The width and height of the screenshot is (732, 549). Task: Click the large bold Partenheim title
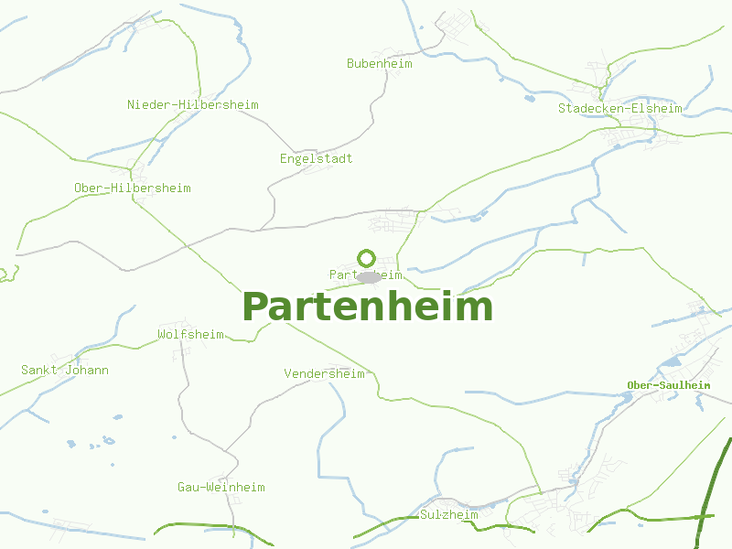[367, 307]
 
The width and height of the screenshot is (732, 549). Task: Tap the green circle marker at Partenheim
[367, 258]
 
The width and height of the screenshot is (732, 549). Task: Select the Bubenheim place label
[380, 64]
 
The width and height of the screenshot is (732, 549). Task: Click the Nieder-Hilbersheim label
[193, 105]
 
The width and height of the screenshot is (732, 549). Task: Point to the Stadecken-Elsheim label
[620, 109]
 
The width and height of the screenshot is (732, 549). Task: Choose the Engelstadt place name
[317, 159]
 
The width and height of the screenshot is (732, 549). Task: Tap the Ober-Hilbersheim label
[133, 188]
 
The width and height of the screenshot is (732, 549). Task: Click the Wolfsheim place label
[190, 335]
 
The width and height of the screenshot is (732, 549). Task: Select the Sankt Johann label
[65, 371]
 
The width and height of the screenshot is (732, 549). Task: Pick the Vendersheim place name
[324, 374]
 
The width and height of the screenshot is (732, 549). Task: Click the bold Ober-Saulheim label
[669, 385]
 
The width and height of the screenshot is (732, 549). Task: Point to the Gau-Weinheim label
[221, 488]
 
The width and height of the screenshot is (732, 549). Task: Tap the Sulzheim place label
[449, 515]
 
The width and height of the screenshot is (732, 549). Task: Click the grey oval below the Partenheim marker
[368, 276]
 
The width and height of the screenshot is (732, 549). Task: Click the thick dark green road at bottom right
[708, 503]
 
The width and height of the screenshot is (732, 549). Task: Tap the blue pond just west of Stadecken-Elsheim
[529, 97]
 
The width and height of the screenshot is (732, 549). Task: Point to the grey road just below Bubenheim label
[387, 79]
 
